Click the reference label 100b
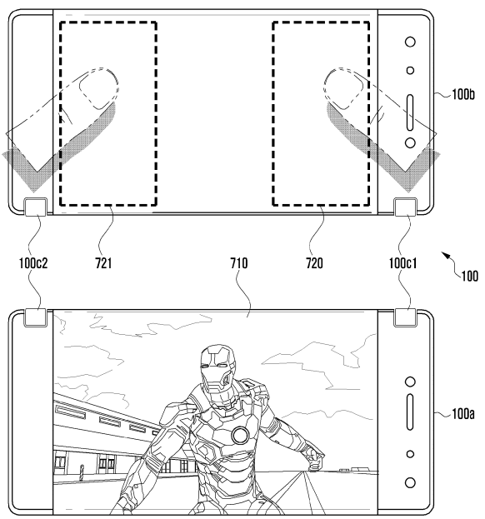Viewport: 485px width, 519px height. tap(463, 95)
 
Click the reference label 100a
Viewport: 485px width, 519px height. tap(463, 413)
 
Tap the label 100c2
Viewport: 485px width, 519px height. tap(33, 263)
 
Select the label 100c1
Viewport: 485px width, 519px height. tap(402, 263)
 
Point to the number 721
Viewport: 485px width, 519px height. tap(103, 263)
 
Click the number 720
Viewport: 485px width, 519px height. tap(314, 263)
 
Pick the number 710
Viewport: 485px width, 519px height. tap(239, 263)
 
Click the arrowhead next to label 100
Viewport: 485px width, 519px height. tap(446, 255)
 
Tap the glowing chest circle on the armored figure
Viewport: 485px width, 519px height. tap(240, 436)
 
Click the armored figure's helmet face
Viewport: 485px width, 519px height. tap(217, 370)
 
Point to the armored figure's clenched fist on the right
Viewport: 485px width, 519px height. tap(315, 459)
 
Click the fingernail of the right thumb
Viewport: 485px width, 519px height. tap(343, 89)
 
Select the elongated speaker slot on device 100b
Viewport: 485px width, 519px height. tap(410, 112)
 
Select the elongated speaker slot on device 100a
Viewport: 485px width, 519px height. tap(410, 412)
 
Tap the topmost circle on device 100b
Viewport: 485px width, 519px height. tap(410, 42)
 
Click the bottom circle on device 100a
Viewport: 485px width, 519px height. tap(410, 482)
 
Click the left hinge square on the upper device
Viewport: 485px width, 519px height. tap(36, 207)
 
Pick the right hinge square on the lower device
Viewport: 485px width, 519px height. tap(405, 317)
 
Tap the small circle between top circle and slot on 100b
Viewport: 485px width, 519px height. tap(410, 71)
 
